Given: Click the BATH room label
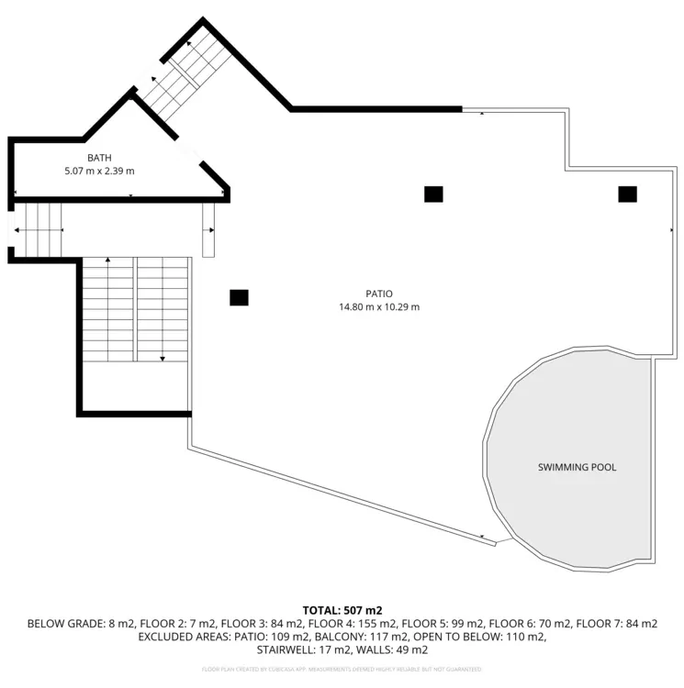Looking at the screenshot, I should pos(99,159).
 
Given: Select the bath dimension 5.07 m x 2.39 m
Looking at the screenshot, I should pos(99,172).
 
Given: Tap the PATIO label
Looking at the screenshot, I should pos(379,294).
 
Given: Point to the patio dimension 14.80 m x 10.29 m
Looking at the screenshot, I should pos(379,307).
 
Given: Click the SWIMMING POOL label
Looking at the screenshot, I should pos(577,467).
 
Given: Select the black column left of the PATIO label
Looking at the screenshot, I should pos(239,297).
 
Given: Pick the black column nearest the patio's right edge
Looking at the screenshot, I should pos(627,194).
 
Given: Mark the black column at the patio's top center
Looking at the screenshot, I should pos(433,194).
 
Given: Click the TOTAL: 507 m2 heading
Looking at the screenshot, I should pos(342,610).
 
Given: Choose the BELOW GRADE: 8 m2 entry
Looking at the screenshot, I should pos(70,624).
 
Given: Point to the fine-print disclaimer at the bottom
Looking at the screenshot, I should pos(342,670).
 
